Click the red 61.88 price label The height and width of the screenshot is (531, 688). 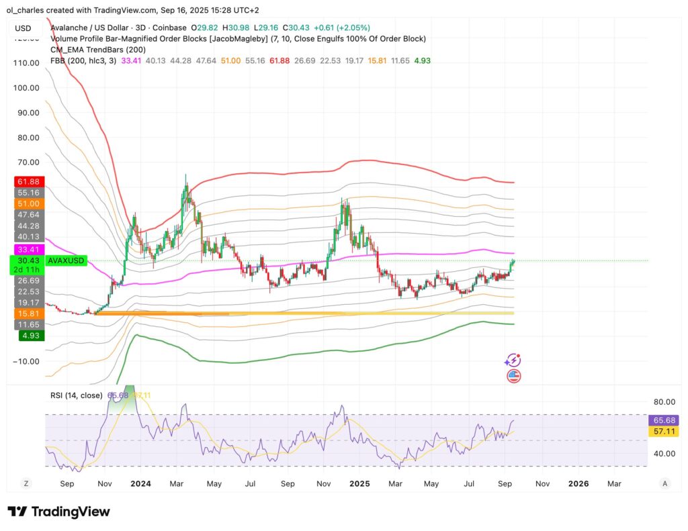[x=27, y=181]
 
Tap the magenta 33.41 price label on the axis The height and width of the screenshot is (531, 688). [x=27, y=249]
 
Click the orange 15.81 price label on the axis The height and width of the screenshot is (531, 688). [x=27, y=313]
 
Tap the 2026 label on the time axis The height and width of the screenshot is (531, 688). [x=578, y=483]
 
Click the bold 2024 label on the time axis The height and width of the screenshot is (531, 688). [x=142, y=483]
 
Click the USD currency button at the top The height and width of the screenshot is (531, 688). [x=23, y=28]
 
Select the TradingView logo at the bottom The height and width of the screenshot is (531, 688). [x=58, y=512]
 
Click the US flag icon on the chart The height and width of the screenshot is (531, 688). [x=513, y=376]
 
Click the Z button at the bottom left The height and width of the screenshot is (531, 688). [x=26, y=483]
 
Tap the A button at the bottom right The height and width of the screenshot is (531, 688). [x=664, y=483]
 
